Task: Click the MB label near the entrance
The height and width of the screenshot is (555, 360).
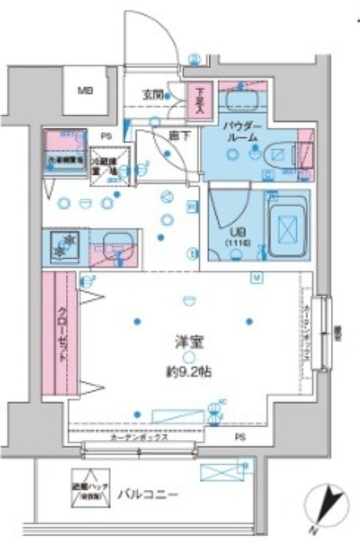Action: (x=85, y=91)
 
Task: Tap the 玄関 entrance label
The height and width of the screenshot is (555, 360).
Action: (x=153, y=94)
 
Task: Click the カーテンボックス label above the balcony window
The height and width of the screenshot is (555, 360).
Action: (x=137, y=439)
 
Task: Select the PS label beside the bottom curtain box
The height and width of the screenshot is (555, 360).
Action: (x=239, y=437)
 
